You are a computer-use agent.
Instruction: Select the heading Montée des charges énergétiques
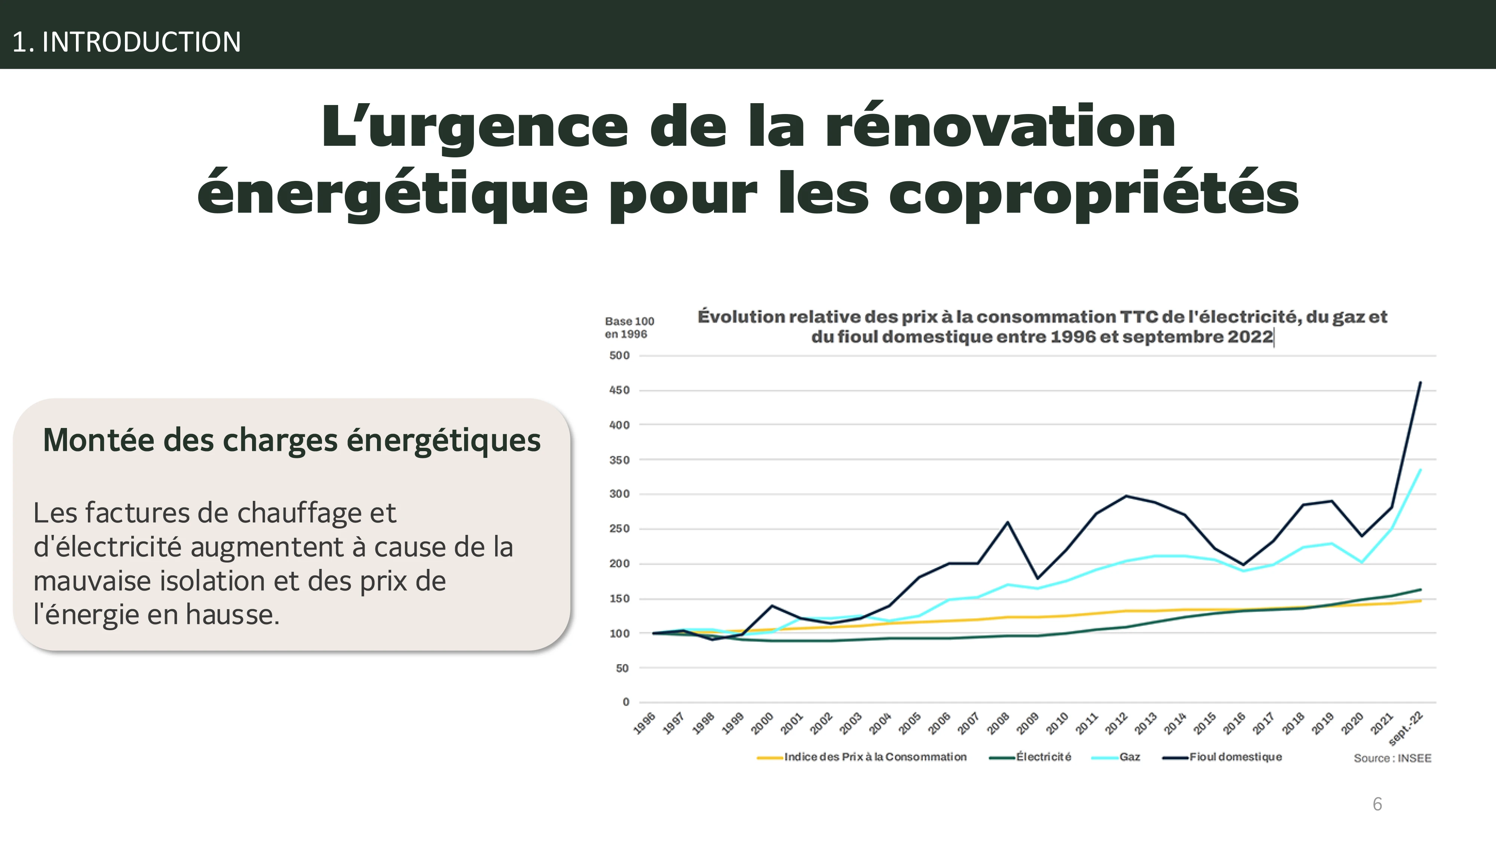point(292,440)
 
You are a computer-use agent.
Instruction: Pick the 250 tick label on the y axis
point(619,529)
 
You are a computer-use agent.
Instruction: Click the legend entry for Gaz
point(1129,757)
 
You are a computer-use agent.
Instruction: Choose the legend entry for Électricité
point(1043,757)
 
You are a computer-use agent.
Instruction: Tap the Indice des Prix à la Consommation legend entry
point(875,757)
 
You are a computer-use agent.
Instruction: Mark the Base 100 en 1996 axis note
point(629,328)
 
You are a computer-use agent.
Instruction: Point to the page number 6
point(1377,804)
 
